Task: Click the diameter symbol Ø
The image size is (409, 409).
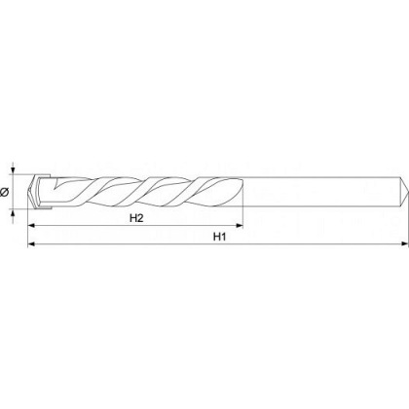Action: (4, 192)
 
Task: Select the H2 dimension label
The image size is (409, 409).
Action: (136, 218)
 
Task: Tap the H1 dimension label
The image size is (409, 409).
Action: (219, 237)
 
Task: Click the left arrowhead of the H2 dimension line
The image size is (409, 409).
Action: (31, 225)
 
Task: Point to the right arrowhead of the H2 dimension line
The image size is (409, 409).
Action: (240, 225)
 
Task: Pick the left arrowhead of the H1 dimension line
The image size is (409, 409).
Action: (31, 243)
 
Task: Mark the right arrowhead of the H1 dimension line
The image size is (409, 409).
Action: (405, 243)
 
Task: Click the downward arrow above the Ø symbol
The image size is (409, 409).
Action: (13, 168)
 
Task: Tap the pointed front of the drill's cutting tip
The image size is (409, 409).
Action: (28, 192)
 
